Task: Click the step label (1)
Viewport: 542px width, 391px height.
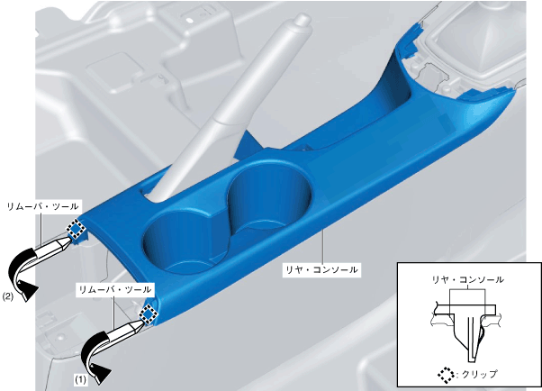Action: pyautogui.click(x=80, y=380)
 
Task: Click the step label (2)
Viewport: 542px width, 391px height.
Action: pyautogui.click(x=8, y=296)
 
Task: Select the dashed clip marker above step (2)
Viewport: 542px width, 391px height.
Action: pyautogui.click(x=76, y=229)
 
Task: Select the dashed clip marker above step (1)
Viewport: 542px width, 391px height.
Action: pyautogui.click(x=149, y=314)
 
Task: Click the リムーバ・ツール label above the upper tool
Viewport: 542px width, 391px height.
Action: pyautogui.click(x=42, y=207)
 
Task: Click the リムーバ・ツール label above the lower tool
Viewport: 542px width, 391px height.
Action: pyautogui.click(x=115, y=289)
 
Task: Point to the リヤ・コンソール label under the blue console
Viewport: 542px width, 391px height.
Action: pyautogui.click(x=321, y=269)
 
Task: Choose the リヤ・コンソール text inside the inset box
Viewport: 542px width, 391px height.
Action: pyautogui.click(x=467, y=279)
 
